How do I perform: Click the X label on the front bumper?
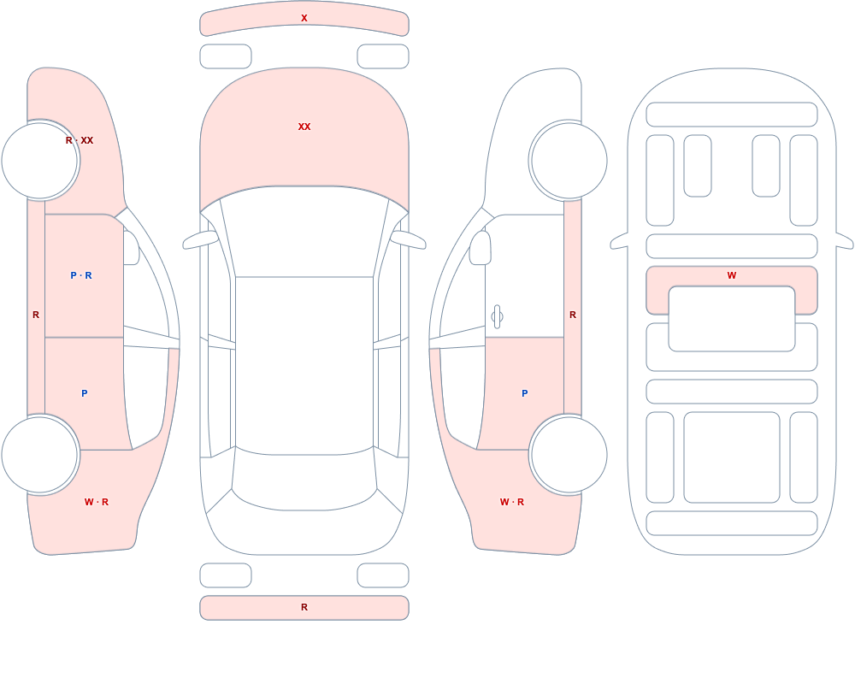(304, 18)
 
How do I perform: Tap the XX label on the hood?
(304, 127)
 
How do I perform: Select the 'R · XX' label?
(80, 140)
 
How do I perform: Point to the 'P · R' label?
(81, 275)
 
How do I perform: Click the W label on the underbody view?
(732, 275)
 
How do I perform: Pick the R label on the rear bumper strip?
(304, 607)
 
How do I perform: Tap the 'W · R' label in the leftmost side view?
(97, 502)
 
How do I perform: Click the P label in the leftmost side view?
(84, 393)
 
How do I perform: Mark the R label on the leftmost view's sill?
(36, 315)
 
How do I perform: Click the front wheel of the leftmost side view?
(40, 161)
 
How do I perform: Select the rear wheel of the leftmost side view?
(40, 454)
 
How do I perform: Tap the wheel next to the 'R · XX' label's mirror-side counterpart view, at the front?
(569, 161)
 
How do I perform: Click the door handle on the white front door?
(497, 316)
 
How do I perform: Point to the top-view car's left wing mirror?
(200, 240)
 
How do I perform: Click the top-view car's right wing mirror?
(408, 240)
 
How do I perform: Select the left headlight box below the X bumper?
(226, 56)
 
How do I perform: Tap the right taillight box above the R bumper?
(383, 575)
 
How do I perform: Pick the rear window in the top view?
(304, 480)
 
